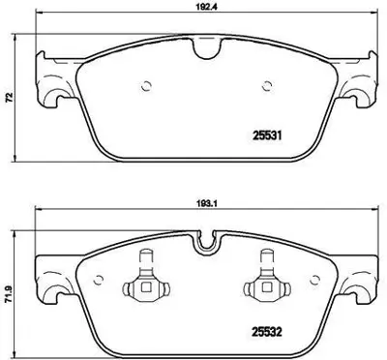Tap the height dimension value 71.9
tap(11, 295)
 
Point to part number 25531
tap(267, 136)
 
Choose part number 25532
tap(267, 332)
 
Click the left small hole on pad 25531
tap(147, 86)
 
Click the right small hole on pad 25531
tap(267, 86)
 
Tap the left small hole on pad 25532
tap(98, 281)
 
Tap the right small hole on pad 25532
tap(314, 281)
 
